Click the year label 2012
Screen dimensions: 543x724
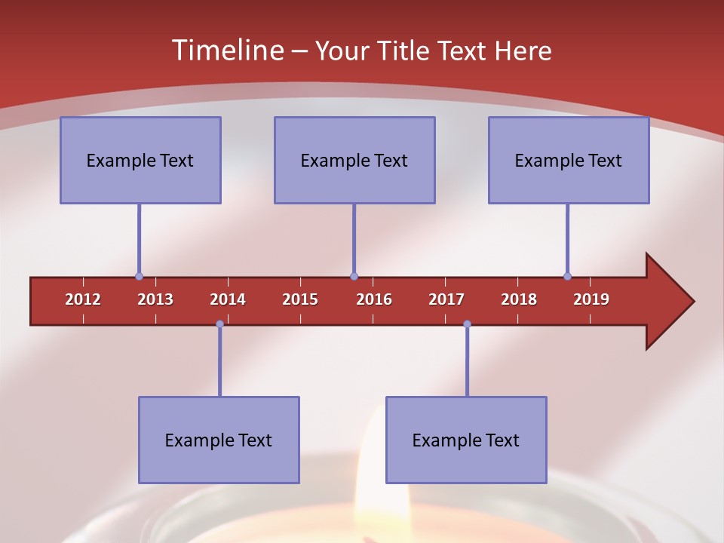pyautogui.click(x=83, y=299)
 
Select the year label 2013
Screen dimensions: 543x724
pyautogui.click(x=155, y=299)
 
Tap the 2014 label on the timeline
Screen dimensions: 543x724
pyautogui.click(x=228, y=299)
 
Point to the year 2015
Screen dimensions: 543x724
pyautogui.click(x=300, y=299)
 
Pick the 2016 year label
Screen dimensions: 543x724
pyautogui.click(x=374, y=299)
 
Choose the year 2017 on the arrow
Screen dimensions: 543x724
pyautogui.click(x=446, y=299)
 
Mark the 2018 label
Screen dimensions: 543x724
pyautogui.click(x=519, y=299)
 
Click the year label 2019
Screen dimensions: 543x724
pyautogui.click(x=591, y=299)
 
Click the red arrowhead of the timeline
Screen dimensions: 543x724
pyautogui.click(x=667, y=301)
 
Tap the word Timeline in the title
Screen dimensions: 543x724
pyautogui.click(x=227, y=51)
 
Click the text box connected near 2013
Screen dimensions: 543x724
pyautogui.click(x=140, y=160)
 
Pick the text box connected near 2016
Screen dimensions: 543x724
pyautogui.click(x=354, y=160)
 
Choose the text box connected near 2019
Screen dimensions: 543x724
pyautogui.click(x=569, y=160)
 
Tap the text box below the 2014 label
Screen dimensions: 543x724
pyautogui.click(x=219, y=440)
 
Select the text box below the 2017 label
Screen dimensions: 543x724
pyautogui.click(x=466, y=440)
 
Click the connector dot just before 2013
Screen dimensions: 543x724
pyautogui.click(x=139, y=277)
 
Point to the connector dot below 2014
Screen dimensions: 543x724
pyautogui.click(x=219, y=324)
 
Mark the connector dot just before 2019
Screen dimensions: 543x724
pyautogui.click(x=567, y=277)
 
